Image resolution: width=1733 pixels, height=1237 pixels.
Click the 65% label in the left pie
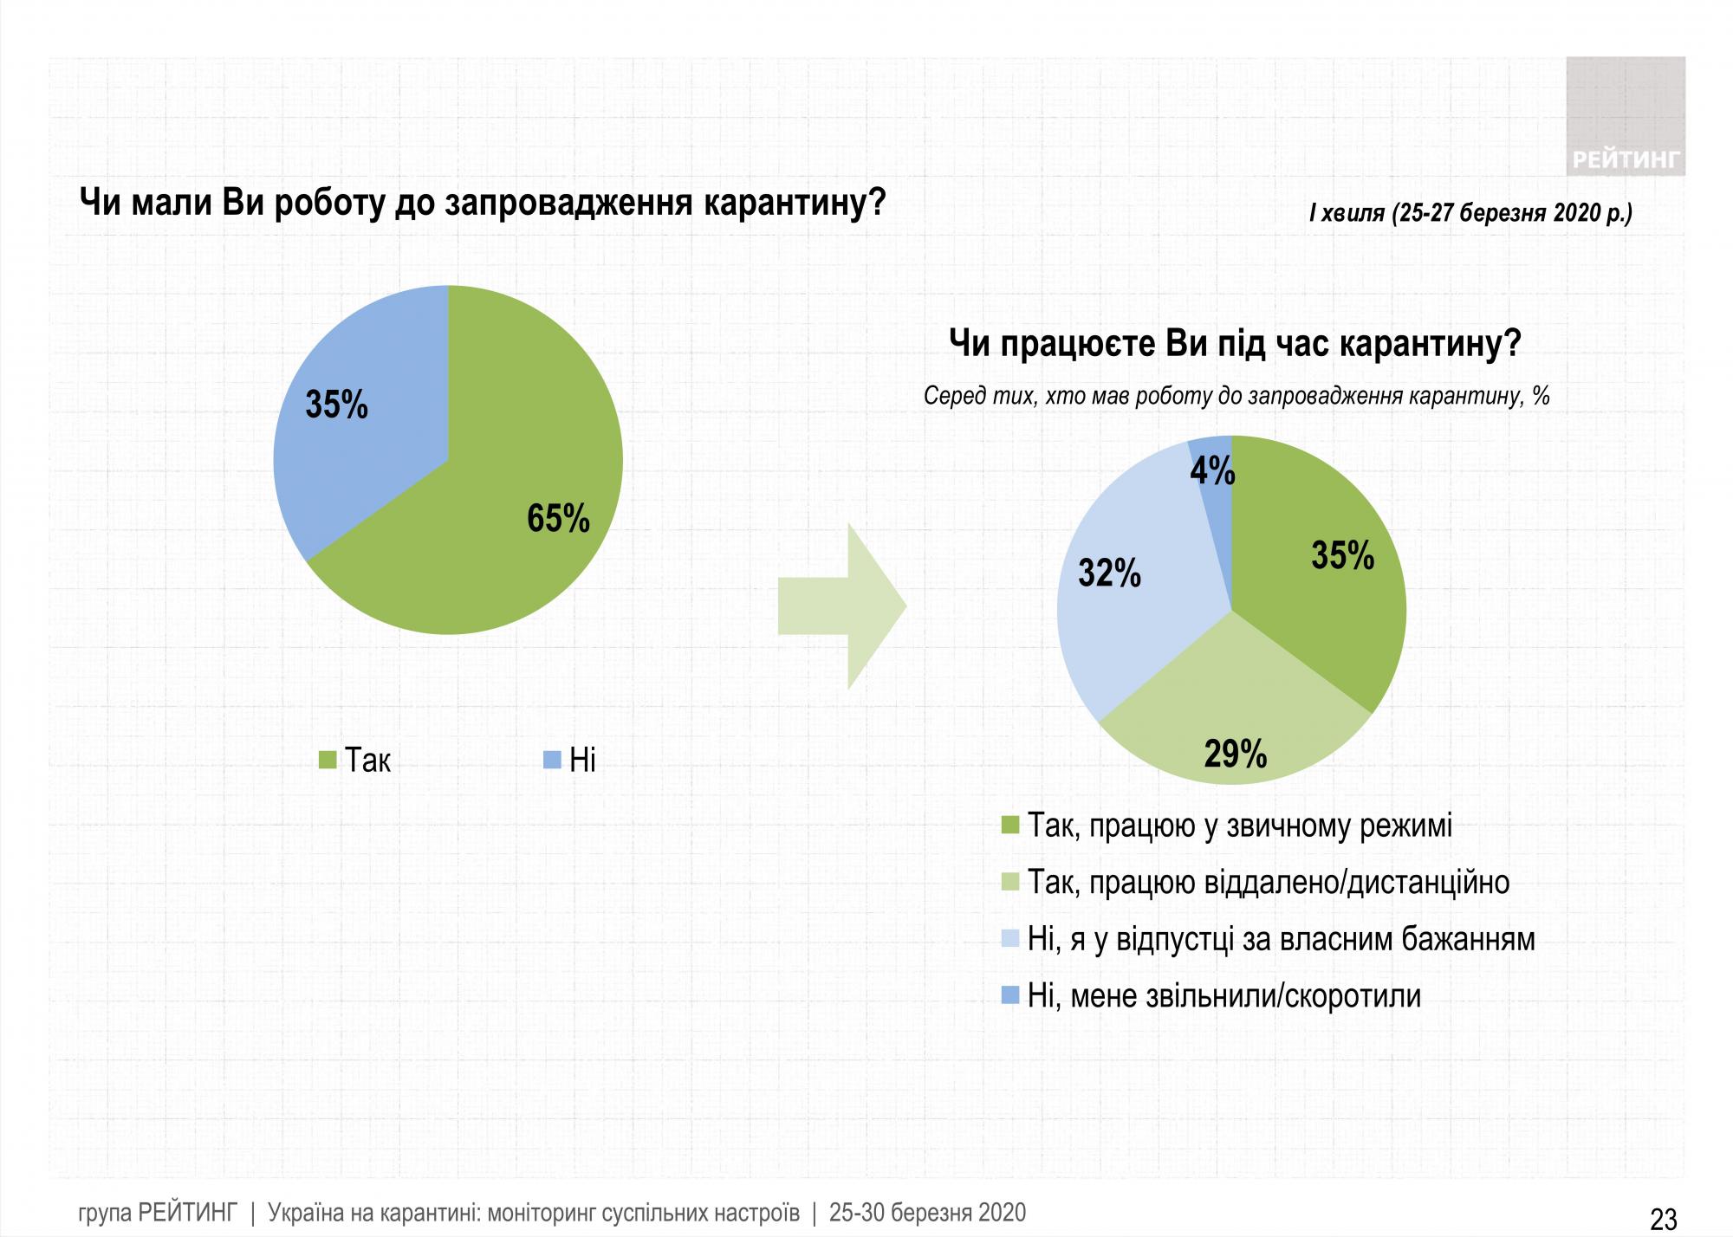[x=558, y=518]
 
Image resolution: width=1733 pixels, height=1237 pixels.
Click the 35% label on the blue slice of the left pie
[x=337, y=405]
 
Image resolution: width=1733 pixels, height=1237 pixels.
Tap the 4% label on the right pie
[x=1212, y=470]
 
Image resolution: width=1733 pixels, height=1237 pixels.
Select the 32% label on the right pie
[x=1109, y=573]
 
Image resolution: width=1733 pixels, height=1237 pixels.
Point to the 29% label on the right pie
[x=1236, y=754]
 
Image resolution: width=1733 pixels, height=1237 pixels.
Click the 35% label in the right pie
[x=1342, y=555]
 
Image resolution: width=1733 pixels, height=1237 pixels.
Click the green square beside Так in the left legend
[x=328, y=760]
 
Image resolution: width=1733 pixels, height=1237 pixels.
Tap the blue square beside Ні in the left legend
[x=551, y=760]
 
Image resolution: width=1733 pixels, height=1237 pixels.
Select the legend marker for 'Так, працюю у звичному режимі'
[x=1009, y=825]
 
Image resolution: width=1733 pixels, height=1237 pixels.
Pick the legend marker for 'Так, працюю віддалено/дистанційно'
[x=1009, y=882]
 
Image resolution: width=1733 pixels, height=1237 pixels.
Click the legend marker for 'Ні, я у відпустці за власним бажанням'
[x=1009, y=939]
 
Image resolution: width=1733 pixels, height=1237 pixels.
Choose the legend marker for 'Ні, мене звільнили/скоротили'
[x=1009, y=996]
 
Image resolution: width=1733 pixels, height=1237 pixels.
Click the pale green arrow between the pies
[x=841, y=606]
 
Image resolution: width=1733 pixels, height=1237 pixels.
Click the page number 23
[x=1664, y=1220]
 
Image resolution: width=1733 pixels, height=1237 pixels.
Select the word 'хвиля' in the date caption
[x=1353, y=213]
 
